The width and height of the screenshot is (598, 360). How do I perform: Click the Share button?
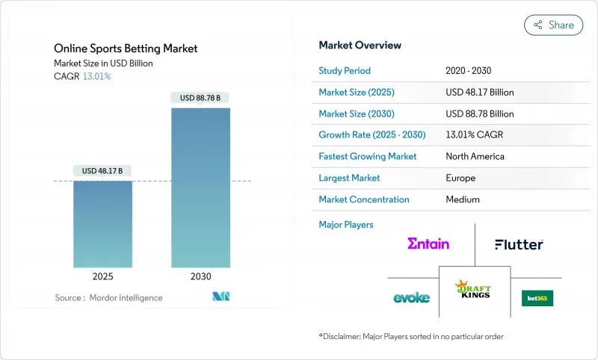coord(553,25)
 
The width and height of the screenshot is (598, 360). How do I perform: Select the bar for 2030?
coord(200,187)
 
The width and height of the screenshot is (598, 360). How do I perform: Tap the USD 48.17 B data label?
coord(102,171)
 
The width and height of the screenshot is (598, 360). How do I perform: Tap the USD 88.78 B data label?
coord(200,98)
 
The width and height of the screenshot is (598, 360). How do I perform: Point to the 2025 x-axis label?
coord(102,276)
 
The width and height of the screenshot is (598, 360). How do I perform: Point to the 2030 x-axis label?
coord(200,276)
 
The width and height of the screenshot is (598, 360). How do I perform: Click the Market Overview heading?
coord(360,45)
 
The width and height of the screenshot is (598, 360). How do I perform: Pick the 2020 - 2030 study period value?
coord(469,71)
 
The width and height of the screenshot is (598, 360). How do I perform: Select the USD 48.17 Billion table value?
coord(479,93)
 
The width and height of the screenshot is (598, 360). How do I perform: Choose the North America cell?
coord(475,157)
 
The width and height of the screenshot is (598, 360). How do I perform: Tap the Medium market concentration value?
coord(462,199)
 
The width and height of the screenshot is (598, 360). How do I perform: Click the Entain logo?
coord(428,243)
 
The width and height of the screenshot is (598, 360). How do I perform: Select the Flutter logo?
coord(519,244)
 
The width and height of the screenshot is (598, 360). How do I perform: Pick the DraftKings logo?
coord(474,288)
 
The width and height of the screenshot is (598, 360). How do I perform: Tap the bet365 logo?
coord(537,297)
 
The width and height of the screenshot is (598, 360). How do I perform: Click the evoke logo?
coord(411,297)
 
